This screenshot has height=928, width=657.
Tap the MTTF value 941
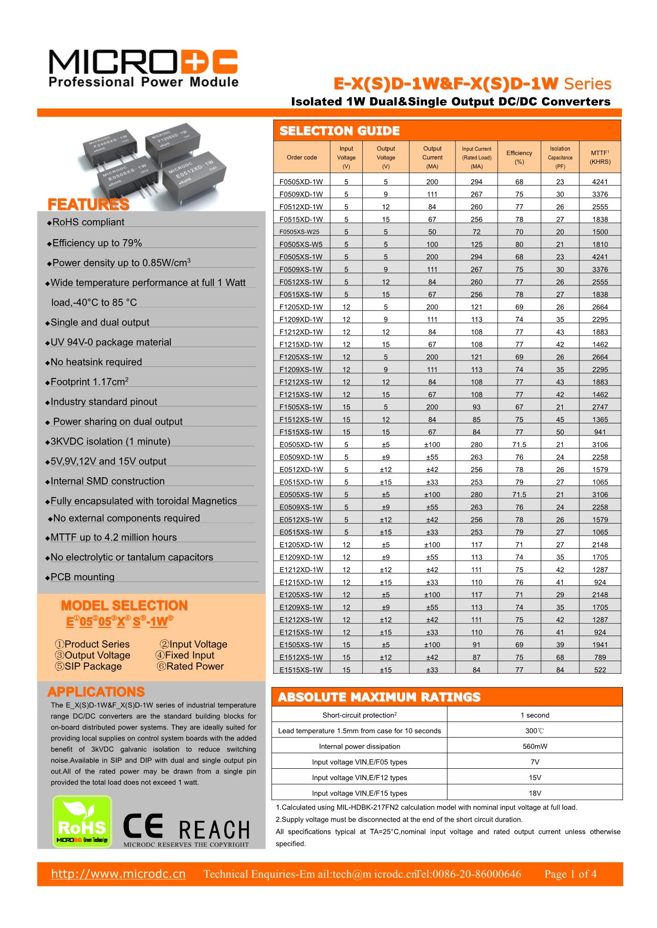pos(600,432)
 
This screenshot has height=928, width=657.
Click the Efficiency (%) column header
pos(519,157)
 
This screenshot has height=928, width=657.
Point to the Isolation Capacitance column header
pos(560,157)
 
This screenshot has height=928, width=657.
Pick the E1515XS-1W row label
pos(301,670)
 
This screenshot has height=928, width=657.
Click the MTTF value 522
pos(600,670)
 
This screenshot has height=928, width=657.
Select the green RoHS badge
pos(82,821)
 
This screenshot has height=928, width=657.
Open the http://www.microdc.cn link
pos(118,874)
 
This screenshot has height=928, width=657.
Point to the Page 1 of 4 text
pos(570,874)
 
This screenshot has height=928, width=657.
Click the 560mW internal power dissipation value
pos(534,747)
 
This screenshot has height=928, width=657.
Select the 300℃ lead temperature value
pos(534,731)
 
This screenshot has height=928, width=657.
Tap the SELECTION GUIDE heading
pos(340,131)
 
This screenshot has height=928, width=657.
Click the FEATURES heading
pos(88,205)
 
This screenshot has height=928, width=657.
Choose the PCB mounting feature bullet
pos(82,577)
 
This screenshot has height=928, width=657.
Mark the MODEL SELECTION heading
pos(124,606)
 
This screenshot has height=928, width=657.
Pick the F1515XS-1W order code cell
pos(301,432)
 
